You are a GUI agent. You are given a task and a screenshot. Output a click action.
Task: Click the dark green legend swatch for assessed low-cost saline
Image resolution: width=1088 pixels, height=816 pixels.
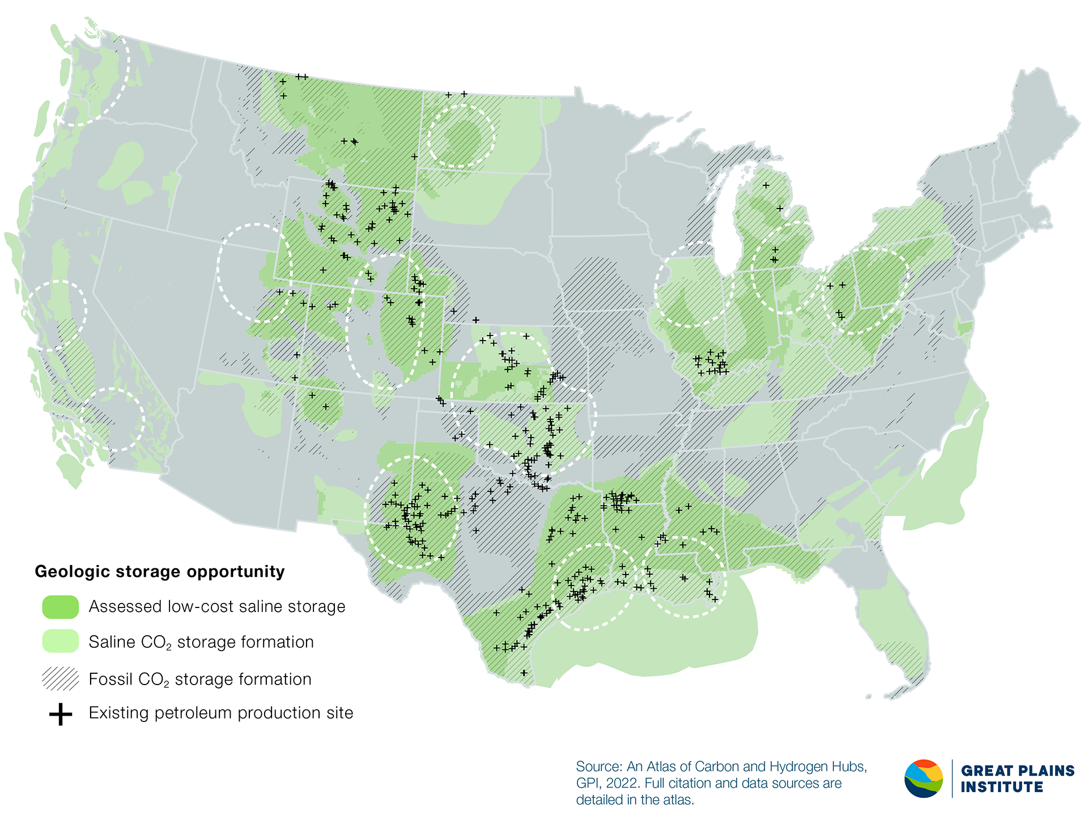(60, 607)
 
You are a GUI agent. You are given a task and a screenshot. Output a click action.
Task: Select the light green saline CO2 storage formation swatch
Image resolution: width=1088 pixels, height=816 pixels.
(60, 642)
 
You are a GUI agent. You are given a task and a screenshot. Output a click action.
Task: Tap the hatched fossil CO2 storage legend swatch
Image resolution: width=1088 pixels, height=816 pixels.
(60, 679)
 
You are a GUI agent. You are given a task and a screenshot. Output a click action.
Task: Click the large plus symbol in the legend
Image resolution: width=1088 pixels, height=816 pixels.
(60, 714)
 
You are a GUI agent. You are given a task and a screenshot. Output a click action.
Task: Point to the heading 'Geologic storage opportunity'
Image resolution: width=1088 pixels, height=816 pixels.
(160, 572)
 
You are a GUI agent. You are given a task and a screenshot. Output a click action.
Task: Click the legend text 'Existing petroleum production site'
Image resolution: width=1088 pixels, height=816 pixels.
(221, 713)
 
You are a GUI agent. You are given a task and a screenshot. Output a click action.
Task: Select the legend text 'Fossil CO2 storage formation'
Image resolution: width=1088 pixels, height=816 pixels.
(200, 679)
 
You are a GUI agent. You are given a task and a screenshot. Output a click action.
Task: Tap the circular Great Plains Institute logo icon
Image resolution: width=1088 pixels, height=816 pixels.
(924, 779)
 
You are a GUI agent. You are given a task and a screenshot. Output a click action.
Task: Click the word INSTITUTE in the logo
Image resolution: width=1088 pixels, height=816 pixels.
(1002, 788)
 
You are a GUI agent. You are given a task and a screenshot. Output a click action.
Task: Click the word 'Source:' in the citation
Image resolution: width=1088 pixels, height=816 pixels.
(599, 767)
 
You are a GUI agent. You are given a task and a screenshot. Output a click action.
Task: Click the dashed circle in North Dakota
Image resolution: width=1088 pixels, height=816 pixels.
(461, 136)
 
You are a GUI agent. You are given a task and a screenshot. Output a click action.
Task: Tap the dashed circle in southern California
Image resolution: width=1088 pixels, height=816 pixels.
(113, 419)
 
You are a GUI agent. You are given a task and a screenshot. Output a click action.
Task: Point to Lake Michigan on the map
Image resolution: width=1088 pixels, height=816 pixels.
(722, 221)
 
